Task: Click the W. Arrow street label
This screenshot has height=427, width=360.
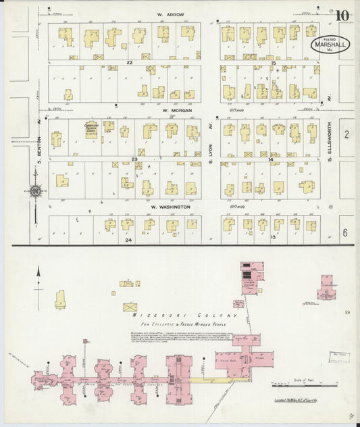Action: [171, 14]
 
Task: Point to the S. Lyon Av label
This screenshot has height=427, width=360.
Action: [210, 159]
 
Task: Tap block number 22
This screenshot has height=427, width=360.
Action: [129, 63]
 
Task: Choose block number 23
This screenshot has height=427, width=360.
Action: [134, 159]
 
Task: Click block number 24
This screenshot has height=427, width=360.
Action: [128, 239]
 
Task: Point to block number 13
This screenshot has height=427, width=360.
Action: [274, 238]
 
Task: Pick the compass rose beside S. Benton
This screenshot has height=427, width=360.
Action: [35, 191]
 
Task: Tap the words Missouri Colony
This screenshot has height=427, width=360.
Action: [185, 316]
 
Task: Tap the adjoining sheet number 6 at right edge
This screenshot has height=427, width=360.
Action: [346, 232]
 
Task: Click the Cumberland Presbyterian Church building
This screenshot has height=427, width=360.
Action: [91, 130]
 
